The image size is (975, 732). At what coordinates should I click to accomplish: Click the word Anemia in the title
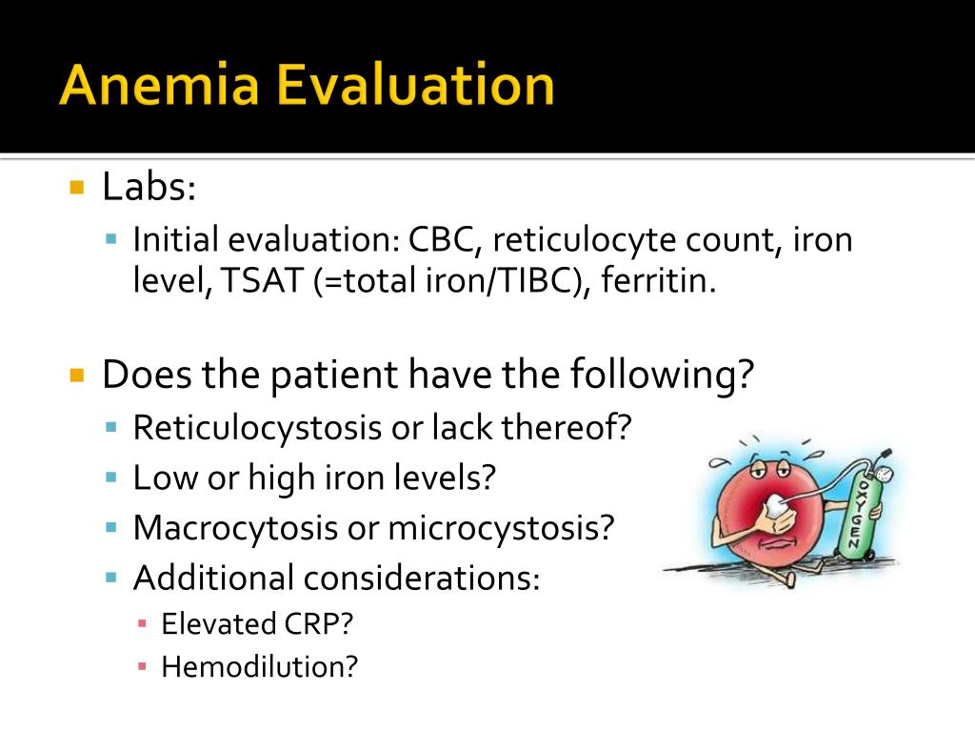(x=159, y=86)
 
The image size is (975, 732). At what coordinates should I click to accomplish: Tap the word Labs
(x=148, y=187)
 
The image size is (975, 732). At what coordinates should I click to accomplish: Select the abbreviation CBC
(x=446, y=239)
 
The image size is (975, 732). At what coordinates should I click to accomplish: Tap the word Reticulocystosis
(x=256, y=428)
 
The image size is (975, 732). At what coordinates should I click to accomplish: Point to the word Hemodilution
(x=259, y=666)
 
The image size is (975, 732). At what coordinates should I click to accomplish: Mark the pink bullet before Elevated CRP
(x=142, y=624)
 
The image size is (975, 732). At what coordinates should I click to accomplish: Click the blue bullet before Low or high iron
(x=111, y=477)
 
